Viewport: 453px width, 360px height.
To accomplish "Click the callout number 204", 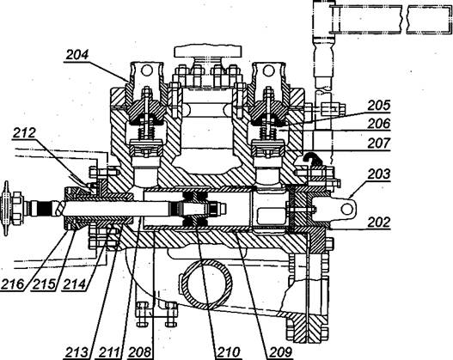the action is click(77, 54).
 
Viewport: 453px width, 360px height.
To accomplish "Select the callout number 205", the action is click(379, 106).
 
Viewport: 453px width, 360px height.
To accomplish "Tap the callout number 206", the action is click(379, 124).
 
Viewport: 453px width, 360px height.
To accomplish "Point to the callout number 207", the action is click(379, 143).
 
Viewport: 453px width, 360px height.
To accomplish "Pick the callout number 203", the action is click(379, 174).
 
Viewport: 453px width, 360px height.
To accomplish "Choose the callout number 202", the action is click(379, 223).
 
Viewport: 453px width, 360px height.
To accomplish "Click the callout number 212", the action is click(24, 132).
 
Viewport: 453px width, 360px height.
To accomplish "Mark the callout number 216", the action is click(13, 284).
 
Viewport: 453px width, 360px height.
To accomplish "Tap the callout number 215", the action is click(44, 284).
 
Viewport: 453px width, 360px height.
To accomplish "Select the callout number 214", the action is click(75, 284).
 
